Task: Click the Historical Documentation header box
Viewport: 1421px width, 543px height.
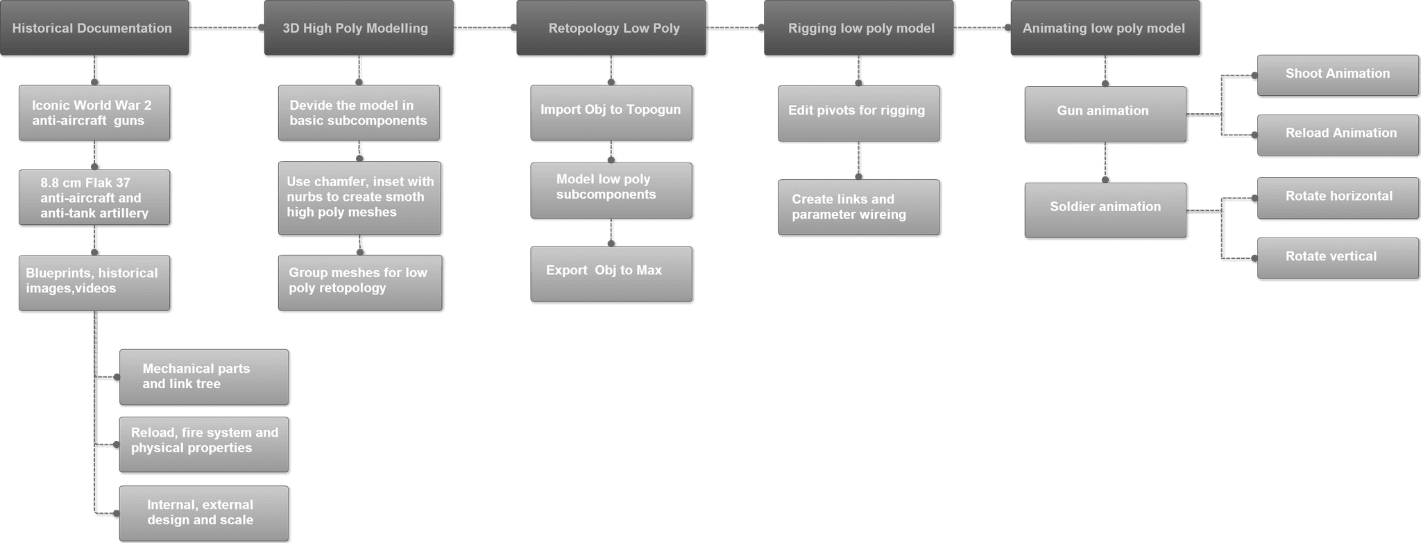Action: pos(94,28)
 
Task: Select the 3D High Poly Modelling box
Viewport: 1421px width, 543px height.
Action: pos(359,28)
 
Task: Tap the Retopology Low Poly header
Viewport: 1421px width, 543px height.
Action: pos(611,28)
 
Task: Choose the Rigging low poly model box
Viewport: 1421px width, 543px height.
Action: pos(859,28)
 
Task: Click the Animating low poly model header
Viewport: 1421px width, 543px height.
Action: pos(1105,28)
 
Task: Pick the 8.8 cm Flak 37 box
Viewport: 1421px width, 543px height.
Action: pos(94,198)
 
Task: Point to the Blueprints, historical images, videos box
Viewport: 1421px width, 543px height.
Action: pos(94,283)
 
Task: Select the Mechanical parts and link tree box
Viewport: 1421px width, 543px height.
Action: pos(204,377)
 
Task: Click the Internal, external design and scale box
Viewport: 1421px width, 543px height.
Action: pos(204,513)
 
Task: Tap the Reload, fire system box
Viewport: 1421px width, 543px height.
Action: pos(204,444)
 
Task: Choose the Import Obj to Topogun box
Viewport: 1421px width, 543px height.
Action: pos(611,112)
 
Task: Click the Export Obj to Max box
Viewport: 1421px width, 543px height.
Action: pos(611,274)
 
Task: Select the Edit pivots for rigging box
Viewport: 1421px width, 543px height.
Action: pos(859,113)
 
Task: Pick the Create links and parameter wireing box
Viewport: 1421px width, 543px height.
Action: pos(859,208)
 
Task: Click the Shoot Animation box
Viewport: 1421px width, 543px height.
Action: pos(1338,75)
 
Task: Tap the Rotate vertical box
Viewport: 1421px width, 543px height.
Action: pos(1338,258)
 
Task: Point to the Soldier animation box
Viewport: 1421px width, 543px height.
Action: pos(1106,210)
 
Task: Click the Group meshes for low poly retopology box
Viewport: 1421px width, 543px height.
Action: pos(360,283)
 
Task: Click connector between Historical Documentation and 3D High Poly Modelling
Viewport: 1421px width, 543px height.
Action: pos(227,28)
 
